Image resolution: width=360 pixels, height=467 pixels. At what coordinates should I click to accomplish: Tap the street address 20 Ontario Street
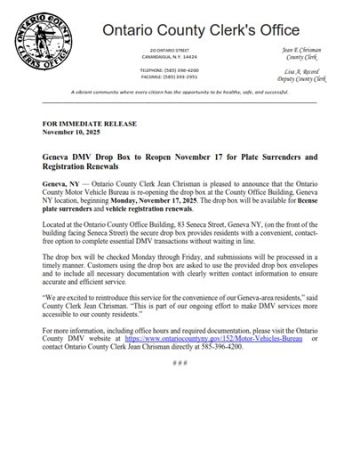178,52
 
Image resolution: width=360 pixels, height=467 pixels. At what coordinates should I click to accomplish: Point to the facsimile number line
178,75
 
